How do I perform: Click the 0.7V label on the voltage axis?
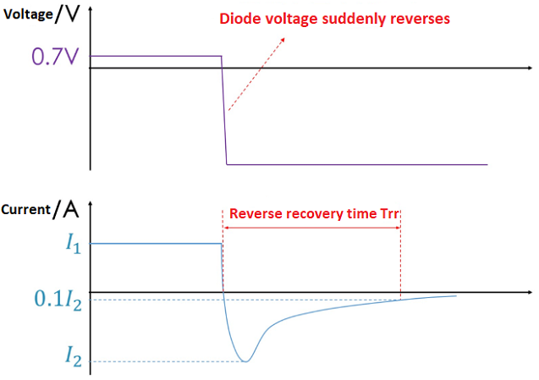[x=55, y=57]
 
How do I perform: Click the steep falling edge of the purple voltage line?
[x=223, y=110]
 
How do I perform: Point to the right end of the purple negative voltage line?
[x=487, y=164]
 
